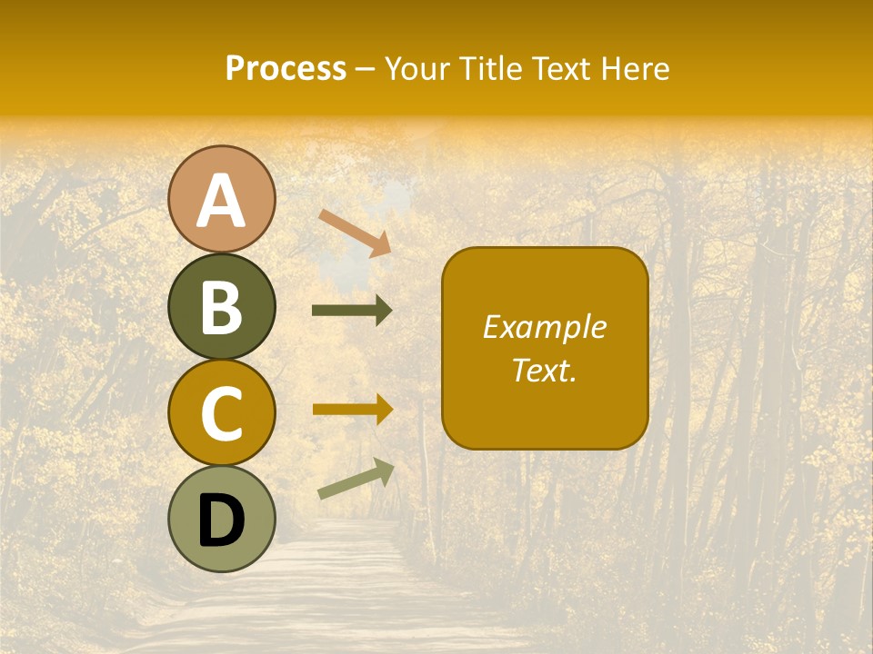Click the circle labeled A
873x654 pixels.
tap(221, 199)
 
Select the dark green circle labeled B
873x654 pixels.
tap(221, 306)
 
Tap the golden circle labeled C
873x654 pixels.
tap(221, 412)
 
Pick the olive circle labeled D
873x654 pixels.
tap(221, 519)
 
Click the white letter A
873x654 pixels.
tap(221, 201)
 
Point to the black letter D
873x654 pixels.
tap(221, 520)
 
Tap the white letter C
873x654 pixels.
tap(221, 414)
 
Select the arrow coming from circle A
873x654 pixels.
tap(355, 232)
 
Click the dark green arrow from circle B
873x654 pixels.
tap(352, 311)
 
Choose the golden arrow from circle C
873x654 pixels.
tap(352, 409)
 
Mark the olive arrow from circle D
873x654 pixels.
tap(356, 479)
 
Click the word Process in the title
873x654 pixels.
tap(286, 69)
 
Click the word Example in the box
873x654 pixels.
tap(545, 327)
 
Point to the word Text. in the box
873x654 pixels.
tap(545, 370)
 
